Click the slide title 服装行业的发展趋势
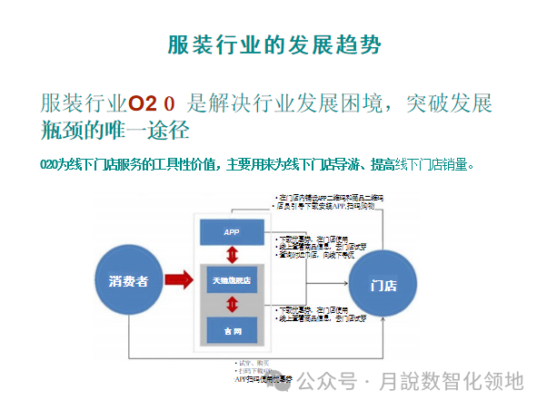(274, 45)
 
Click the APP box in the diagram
(231, 232)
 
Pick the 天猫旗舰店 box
(232, 280)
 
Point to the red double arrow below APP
(231, 255)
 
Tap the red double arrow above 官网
(231, 305)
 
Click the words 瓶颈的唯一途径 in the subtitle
(114, 130)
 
